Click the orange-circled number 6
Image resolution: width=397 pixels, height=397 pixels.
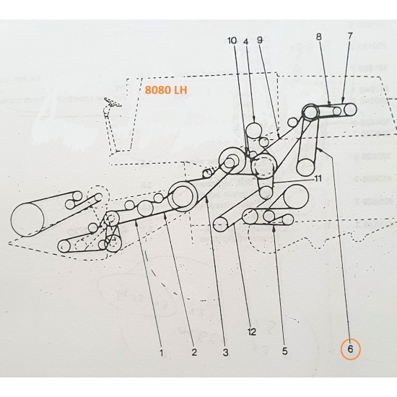pyautogui.click(x=350, y=350)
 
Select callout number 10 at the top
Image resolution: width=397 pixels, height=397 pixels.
pyautogui.click(x=231, y=41)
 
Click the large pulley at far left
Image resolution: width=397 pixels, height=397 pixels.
pyautogui.click(x=27, y=219)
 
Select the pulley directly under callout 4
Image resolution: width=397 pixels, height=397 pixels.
pyautogui.click(x=254, y=131)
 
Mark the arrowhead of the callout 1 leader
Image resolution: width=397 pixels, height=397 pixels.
pyautogui.click(x=136, y=224)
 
